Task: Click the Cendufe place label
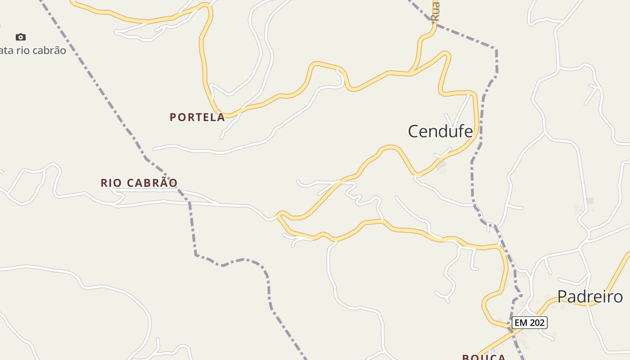click(440, 131)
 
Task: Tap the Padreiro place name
click(590, 297)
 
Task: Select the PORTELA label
click(197, 117)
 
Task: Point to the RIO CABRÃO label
click(139, 183)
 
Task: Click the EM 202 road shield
click(529, 323)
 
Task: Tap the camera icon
click(21, 37)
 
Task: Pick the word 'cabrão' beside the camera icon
click(49, 50)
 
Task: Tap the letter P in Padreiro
click(562, 297)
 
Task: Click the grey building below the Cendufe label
click(442, 165)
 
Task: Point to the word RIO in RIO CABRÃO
click(110, 183)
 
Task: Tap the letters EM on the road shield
click(521, 323)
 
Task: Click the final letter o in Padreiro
click(618, 297)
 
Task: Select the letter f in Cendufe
click(458, 131)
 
